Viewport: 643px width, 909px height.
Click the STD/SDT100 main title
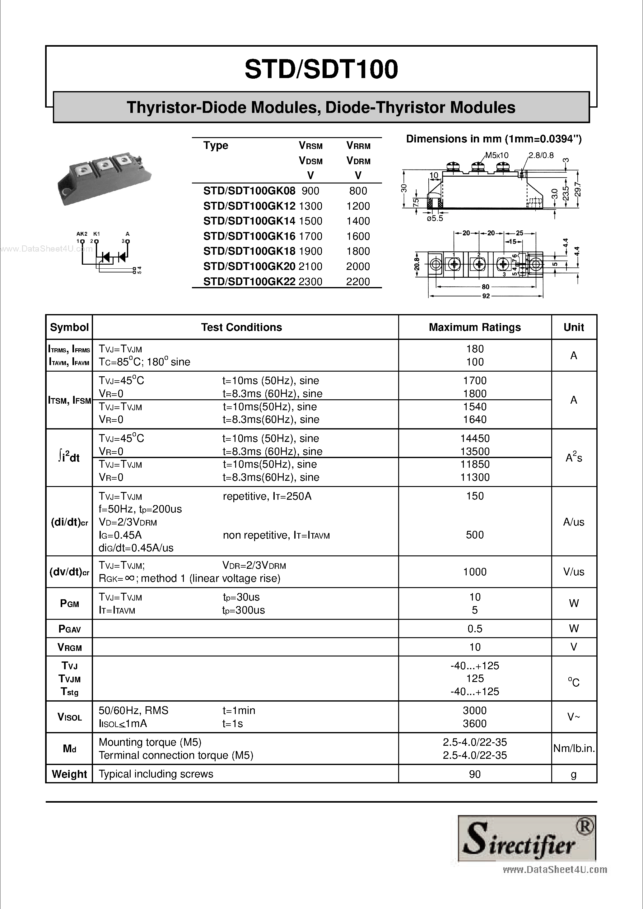pyautogui.click(x=321, y=70)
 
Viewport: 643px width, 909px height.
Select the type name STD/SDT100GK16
pyautogui.click(x=249, y=236)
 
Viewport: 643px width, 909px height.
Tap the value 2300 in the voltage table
pyautogui.click(x=310, y=281)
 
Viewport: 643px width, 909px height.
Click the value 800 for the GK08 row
pyautogui.click(x=358, y=191)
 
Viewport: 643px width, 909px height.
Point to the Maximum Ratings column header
pyautogui.click(x=474, y=327)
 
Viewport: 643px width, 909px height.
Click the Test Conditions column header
pyautogui.click(x=241, y=327)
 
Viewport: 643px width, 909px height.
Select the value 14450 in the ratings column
pyautogui.click(x=475, y=438)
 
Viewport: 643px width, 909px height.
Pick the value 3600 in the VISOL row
pyautogui.click(x=474, y=724)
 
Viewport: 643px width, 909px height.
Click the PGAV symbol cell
pyautogui.click(x=69, y=629)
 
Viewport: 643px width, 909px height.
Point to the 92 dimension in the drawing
pyautogui.click(x=486, y=296)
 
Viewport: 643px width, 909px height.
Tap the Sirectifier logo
pyautogui.click(x=526, y=838)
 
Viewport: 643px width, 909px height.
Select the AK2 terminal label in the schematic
pyautogui.click(x=82, y=234)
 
